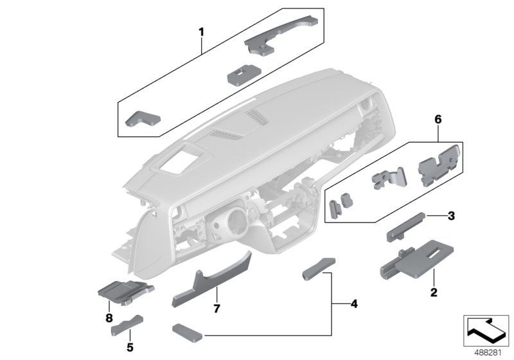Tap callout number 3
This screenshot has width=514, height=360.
click(452, 215)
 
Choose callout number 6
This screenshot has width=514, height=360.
click(439, 119)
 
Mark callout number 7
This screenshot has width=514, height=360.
click(217, 309)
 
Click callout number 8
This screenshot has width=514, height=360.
click(108, 318)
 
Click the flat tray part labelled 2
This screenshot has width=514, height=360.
click(418, 257)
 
